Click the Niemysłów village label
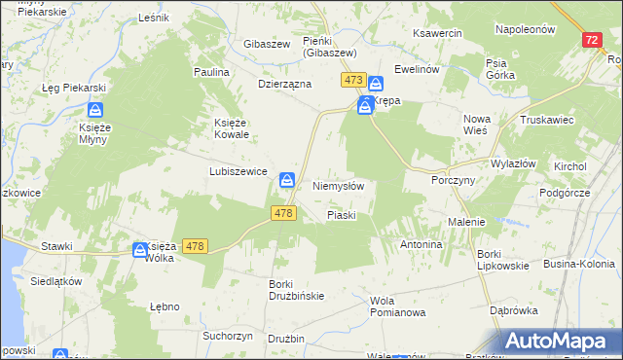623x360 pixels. pos(338,185)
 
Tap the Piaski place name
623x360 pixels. pos(342,214)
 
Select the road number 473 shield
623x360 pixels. pos(352,80)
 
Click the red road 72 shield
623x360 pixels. pos(593,40)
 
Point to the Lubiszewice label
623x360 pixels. pos(238,170)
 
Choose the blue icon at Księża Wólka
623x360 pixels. pos(140,250)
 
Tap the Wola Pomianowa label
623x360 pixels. pos(398,306)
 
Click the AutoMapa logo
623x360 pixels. pos(560,341)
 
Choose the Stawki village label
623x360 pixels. pos(57,246)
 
